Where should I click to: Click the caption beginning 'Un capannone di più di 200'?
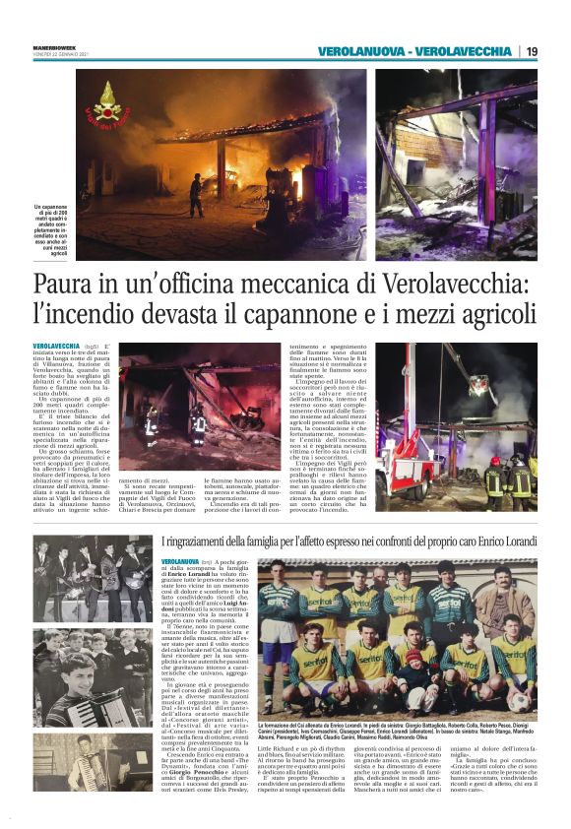51,232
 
